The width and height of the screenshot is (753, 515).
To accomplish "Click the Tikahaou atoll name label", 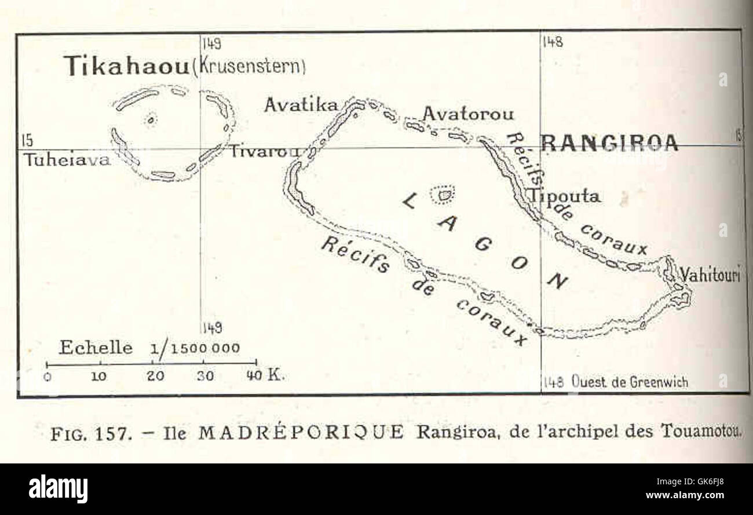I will pos(126,66).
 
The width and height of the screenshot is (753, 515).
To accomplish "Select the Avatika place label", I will pos(301,105).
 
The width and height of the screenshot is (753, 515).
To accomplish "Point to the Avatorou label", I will pos(468,114).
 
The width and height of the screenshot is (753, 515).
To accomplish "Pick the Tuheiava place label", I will pos(66,160).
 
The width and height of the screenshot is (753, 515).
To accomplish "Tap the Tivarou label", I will pos(264,152).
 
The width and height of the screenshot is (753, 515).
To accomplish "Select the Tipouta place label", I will pos(563,196).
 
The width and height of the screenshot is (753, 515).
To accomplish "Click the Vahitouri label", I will pos(710,275).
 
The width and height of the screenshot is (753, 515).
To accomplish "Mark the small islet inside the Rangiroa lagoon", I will pos(444,195).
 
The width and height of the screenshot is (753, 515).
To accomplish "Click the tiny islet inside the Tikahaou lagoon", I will pos(151,120).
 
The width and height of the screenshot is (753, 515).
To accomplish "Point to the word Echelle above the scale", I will pos(96,348).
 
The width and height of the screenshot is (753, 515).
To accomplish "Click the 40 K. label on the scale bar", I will pos(265,375).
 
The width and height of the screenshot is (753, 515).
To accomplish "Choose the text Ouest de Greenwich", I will pos(629,382).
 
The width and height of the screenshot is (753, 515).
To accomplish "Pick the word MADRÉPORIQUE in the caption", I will pos(301,433).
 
